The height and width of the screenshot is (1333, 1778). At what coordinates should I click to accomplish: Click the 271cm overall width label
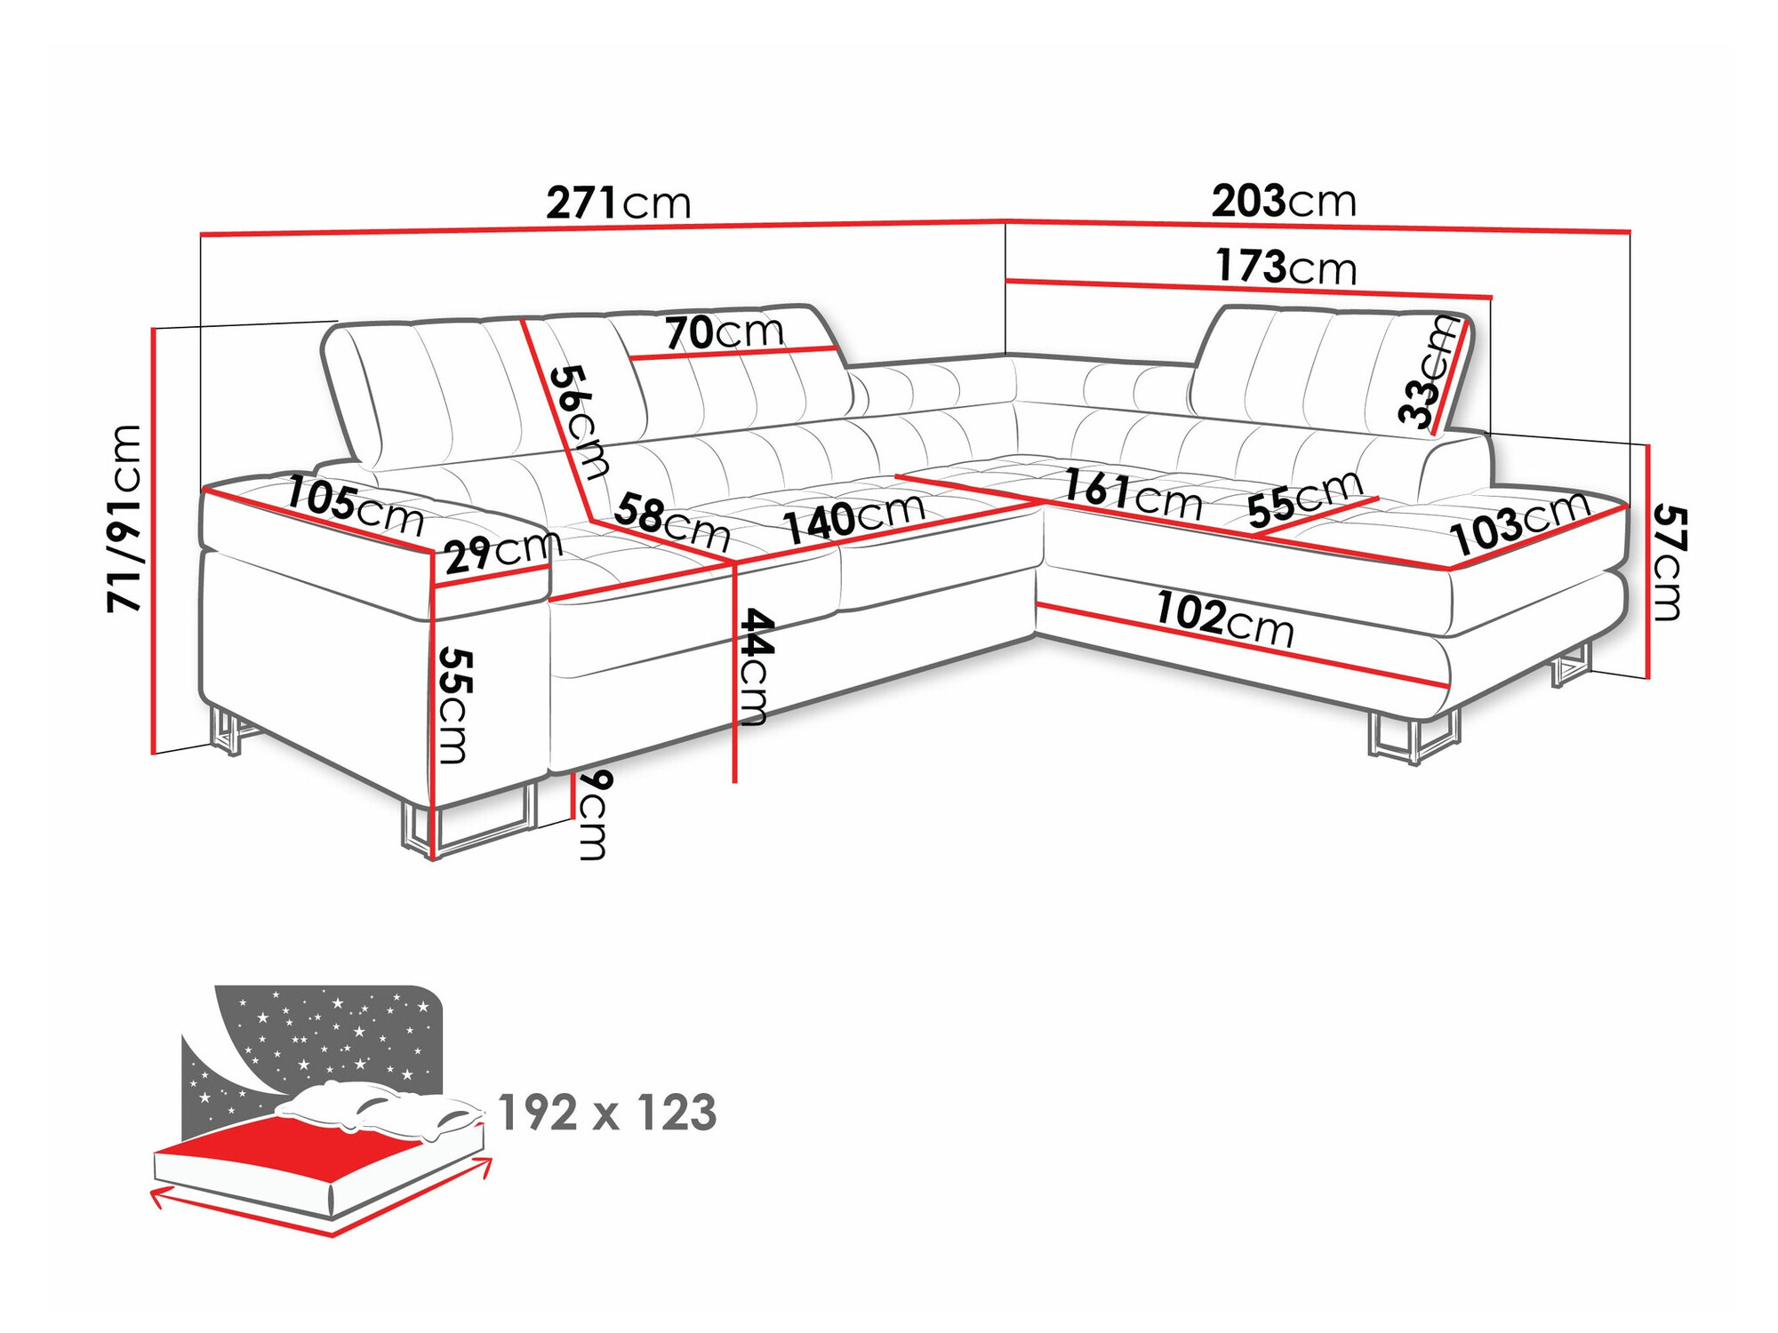[x=618, y=203]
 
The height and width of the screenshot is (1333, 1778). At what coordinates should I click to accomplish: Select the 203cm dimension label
[x=1284, y=201]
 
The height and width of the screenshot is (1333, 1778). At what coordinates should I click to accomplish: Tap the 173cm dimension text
[x=1285, y=267]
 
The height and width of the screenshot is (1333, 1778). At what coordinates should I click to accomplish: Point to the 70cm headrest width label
[x=725, y=332]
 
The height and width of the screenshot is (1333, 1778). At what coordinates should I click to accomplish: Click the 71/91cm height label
[x=124, y=518]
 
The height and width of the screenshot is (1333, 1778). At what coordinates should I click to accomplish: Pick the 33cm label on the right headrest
[x=1426, y=373]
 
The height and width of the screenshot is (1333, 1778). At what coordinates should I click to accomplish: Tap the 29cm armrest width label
[x=503, y=553]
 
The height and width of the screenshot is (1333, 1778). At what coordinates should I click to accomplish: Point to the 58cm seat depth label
[x=672, y=523]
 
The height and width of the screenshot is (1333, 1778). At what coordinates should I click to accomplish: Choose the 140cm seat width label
[x=854, y=518]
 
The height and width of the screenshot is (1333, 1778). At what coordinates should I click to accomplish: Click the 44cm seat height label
[x=755, y=666]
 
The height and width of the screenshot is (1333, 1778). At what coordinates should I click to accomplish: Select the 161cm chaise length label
[x=1133, y=495]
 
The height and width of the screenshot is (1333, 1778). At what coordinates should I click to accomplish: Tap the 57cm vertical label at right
[x=1669, y=563]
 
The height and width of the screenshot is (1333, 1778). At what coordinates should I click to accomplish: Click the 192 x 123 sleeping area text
[x=607, y=1113]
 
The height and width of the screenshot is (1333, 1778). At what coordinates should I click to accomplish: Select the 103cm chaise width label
[x=1520, y=523]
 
